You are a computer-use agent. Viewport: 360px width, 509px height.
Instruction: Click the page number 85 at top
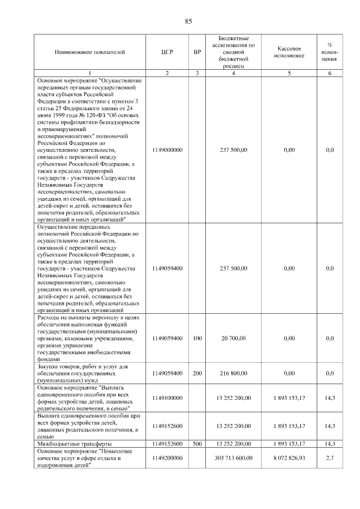pos(188,21)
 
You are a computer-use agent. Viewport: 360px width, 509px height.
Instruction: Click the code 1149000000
pos(167,150)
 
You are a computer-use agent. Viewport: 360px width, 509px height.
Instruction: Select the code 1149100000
pos(167,398)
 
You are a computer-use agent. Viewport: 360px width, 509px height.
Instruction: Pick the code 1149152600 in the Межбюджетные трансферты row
pos(167,444)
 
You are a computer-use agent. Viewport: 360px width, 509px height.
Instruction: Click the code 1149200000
pos(167,458)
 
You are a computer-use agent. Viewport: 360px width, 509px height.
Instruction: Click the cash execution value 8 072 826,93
pos(290,458)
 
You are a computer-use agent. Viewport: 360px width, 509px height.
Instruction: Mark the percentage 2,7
pos(330,458)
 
